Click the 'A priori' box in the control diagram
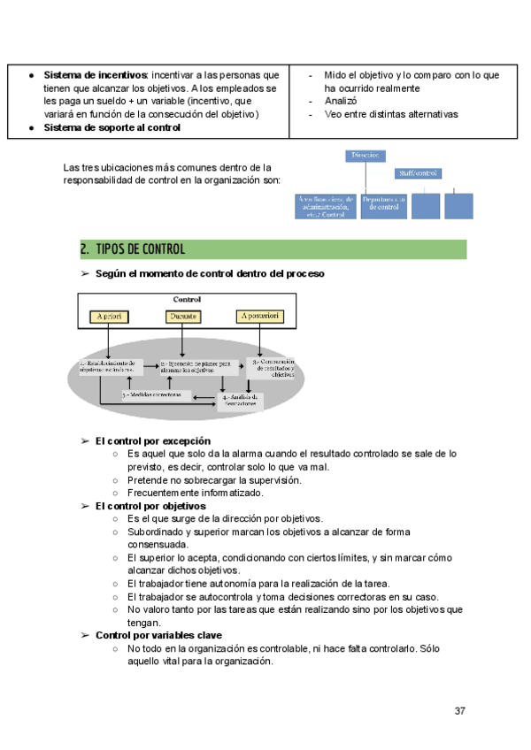pos(109,316)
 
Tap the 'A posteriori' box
pos(260,316)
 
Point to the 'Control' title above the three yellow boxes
pos(188,299)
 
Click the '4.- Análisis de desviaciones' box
pos(241,400)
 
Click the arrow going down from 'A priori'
pos(108,341)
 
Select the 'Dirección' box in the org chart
pos(366,156)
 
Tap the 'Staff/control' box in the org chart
pos(419,173)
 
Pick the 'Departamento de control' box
pos(383,206)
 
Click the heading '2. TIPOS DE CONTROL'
pos(132,249)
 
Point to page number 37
pos(460,711)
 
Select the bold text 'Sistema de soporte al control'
pos(112,127)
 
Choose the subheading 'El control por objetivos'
pos(150,506)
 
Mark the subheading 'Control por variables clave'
pos(158,635)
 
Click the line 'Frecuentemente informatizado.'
pos(195,493)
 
